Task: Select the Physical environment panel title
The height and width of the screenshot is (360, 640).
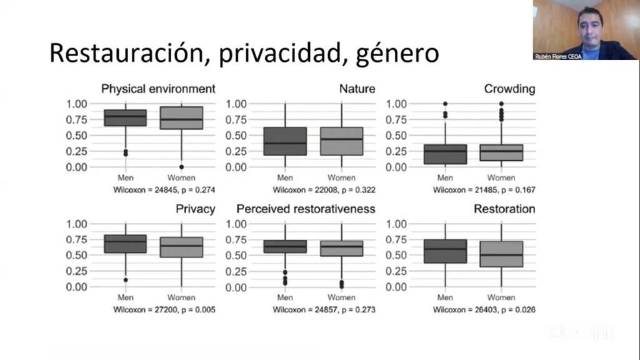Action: click(158, 89)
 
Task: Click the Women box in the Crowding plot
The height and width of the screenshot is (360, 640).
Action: click(501, 152)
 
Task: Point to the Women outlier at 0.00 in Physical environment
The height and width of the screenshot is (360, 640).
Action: click(181, 167)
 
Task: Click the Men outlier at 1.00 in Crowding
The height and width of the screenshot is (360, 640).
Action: click(445, 104)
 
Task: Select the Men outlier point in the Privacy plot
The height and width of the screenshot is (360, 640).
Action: click(125, 280)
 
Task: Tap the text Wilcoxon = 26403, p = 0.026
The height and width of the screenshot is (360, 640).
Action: click(484, 309)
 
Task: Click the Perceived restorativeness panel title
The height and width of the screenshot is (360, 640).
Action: click(306, 209)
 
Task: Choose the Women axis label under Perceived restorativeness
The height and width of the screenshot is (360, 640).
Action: click(341, 297)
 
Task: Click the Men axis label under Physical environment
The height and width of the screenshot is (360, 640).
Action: click(125, 177)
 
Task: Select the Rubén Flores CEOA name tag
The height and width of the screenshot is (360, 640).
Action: click(557, 56)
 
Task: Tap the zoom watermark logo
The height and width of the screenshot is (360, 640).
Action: click(581, 332)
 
